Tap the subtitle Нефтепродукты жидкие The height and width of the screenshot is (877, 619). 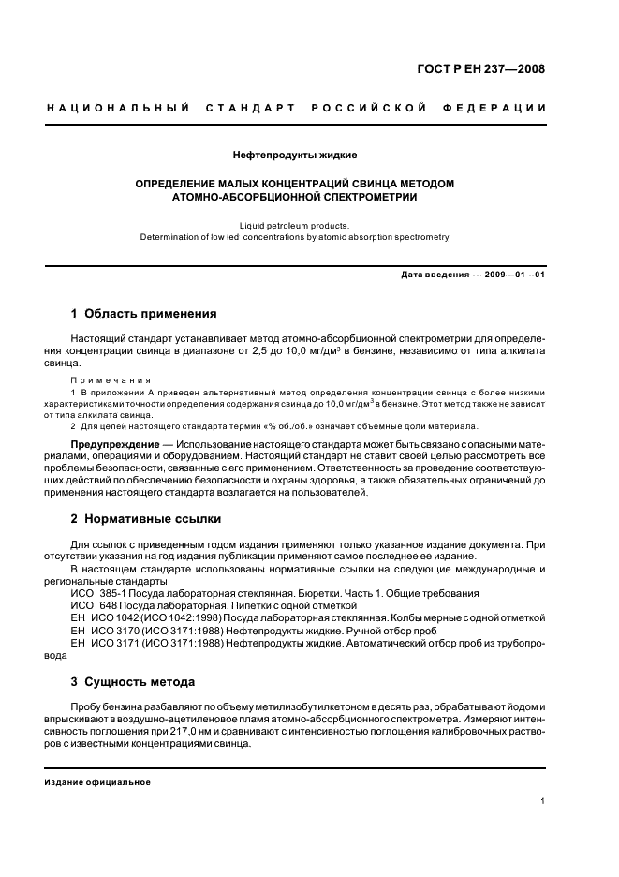tap(294, 154)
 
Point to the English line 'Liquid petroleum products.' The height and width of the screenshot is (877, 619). tap(294, 225)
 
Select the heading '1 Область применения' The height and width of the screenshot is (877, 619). tap(144, 313)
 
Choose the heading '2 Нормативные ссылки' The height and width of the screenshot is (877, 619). tap(146, 518)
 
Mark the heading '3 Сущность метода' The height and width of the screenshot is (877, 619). tap(133, 681)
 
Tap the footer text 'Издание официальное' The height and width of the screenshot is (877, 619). tap(97, 781)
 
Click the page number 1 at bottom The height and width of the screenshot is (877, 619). tap(543, 801)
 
